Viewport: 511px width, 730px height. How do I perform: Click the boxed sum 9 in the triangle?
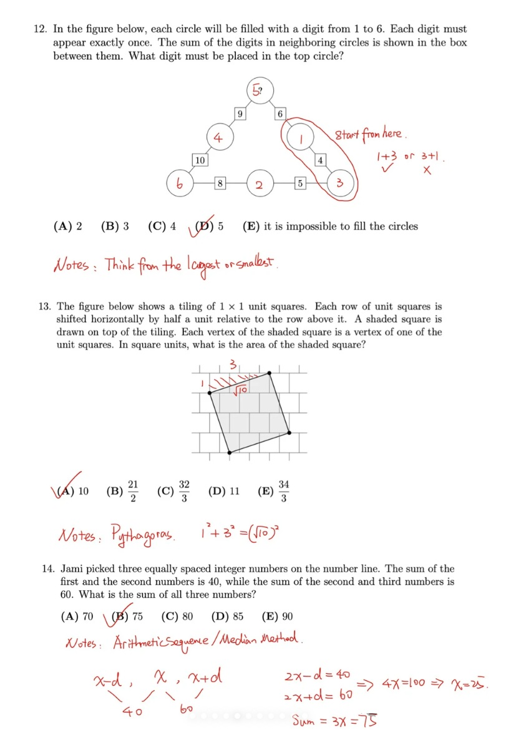[x=240, y=114]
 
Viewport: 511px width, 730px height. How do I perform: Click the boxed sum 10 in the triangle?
[x=200, y=160]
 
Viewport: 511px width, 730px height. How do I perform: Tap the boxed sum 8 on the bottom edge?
[x=220, y=183]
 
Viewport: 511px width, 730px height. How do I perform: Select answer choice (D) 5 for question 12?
[x=209, y=226]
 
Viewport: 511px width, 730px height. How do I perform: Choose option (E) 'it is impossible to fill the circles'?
[x=329, y=226]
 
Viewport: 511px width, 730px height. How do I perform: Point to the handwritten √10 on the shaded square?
[x=241, y=390]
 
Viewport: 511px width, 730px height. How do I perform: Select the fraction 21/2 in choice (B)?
[x=133, y=491]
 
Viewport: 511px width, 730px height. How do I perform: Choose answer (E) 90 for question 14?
[x=278, y=616]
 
